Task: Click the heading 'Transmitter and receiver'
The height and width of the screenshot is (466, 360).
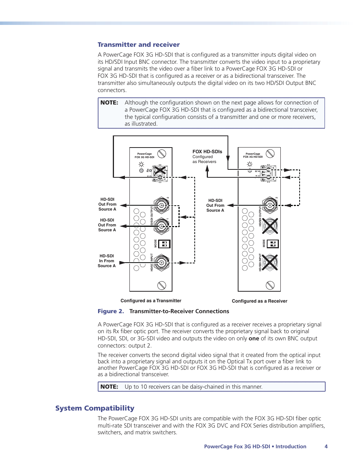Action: (138, 45)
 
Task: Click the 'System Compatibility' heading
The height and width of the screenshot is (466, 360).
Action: (95, 408)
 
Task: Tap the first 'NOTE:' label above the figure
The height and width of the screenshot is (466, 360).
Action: (109, 103)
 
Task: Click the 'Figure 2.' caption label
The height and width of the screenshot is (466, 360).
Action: (111, 311)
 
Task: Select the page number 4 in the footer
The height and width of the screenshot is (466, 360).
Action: (326, 446)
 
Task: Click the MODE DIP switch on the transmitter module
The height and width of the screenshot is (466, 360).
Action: (164, 244)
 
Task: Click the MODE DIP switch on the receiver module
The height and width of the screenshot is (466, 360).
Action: (272, 244)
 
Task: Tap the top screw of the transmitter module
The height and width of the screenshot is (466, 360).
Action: (162, 154)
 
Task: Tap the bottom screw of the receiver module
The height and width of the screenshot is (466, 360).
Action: (270, 285)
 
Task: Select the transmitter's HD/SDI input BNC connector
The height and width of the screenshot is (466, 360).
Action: (162, 262)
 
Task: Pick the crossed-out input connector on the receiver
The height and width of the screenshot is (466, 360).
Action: (270, 262)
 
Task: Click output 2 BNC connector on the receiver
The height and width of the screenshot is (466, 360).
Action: (270, 205)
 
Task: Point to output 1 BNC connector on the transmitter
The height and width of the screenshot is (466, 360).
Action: (162, 226)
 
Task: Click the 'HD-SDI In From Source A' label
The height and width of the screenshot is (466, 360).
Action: (107, 261)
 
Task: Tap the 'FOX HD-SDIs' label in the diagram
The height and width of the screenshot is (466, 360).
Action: (207, 152)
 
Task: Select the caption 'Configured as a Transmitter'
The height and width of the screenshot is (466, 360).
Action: (151, 301)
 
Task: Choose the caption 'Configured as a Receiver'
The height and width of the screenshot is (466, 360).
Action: (260, 301)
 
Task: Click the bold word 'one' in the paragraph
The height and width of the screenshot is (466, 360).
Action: (254, 338)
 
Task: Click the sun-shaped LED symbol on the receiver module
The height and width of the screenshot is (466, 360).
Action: (249, 164)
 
